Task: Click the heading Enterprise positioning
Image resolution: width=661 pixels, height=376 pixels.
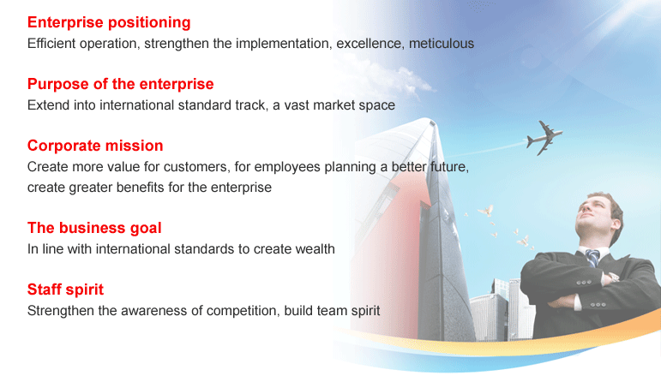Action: coord(109,23)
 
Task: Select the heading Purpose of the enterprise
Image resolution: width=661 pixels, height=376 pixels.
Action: coord(121,84)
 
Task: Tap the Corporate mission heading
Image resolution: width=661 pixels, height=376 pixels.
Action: coord(95,146)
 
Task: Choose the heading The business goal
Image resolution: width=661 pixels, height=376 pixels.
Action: coord(94,228)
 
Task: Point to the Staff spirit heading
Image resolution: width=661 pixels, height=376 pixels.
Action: coord(65,289)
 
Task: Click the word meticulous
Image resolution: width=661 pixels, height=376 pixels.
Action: coord(442,44)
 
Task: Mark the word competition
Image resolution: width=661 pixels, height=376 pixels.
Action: coord(243,311)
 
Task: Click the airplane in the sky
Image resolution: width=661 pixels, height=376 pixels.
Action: coord(544,138)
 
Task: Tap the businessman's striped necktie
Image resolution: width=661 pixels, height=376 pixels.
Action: coord(592,258)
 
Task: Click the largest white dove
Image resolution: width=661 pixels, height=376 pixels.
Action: coord(486,210)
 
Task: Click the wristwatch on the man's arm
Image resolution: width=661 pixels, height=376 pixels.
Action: coord(613,277)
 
